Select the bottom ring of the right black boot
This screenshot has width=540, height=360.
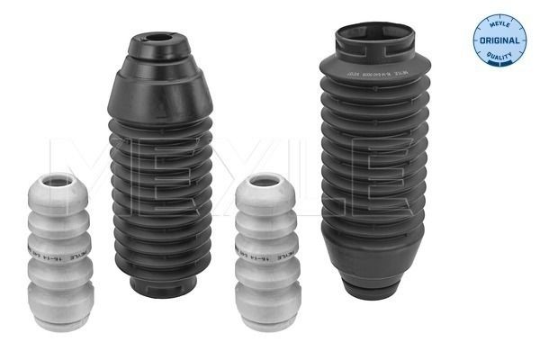pyautogui.click(x=373, y=289)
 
